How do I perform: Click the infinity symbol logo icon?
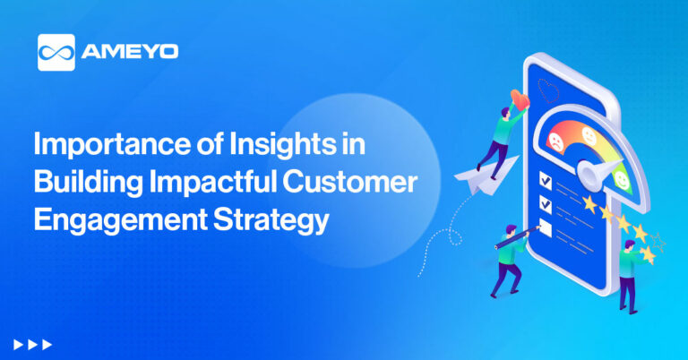click(x=56, y=52)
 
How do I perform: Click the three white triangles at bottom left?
click(x=33, y=344)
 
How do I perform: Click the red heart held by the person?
click(x=518, y=97)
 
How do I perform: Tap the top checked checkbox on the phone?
click(x=545, y=180)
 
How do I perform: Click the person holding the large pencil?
click(x=507, y=260)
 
